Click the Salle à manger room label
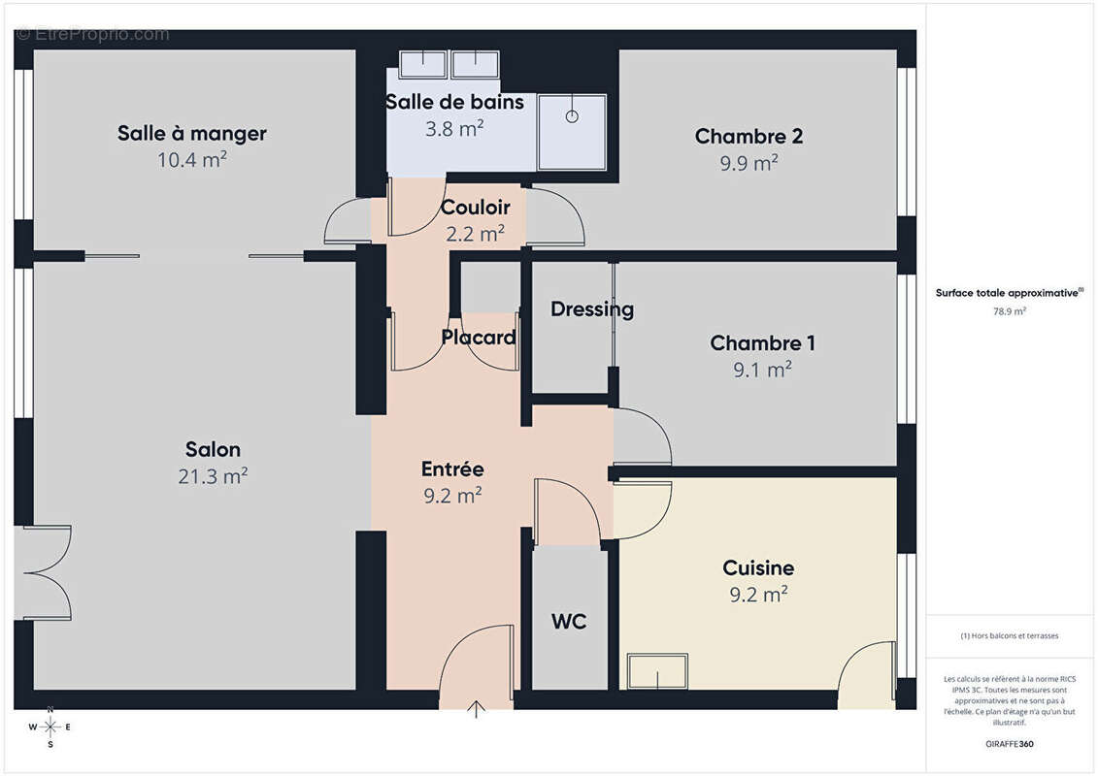192,133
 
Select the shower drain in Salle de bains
573,116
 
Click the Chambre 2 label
749,137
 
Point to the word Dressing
591,309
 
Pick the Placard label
478,338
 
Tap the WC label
569,622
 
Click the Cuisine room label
758,568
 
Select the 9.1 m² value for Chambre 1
762,370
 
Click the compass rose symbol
50,727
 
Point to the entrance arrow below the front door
477,709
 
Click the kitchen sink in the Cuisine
657,670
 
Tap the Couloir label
475,207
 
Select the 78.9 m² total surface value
1010,311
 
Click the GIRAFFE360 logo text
1010,743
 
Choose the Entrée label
452,469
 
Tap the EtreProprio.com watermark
92,35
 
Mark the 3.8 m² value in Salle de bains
454,128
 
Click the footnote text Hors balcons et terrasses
1010,636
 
